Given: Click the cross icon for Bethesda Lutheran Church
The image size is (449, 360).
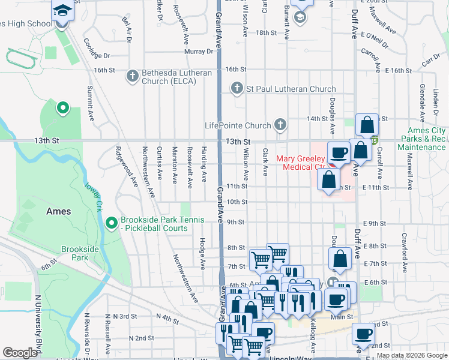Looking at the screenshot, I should (133, 76).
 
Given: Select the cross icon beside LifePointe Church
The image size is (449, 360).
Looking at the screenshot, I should (279, 125).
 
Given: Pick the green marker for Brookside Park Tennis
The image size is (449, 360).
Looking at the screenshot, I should (111, 223).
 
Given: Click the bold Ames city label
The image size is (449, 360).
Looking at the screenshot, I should (59, 211).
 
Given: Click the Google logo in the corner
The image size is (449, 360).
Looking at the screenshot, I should (19, 353).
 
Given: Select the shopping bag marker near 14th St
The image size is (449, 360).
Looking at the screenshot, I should (367, 125).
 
